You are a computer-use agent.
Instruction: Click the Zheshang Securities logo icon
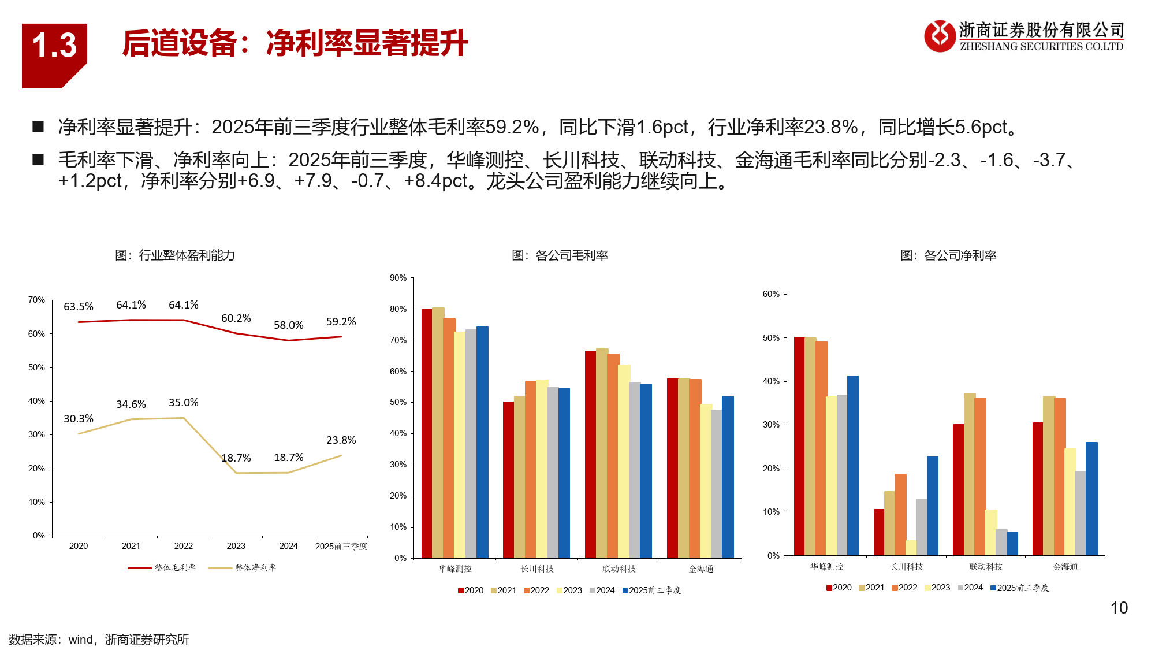[x=940, y=36]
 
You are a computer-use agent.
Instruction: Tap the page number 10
[x=1119, y=608]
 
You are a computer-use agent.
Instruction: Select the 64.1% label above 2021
[x=131, y=305]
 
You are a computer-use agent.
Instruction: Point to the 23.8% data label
[x=341, y=440]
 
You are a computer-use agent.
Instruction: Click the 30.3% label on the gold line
[x=79, y=419]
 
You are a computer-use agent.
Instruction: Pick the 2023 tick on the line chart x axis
[x=236, y=546]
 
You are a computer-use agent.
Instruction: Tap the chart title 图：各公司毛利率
[x=560, y=255]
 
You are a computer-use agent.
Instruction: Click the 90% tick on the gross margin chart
[x=398, y=278]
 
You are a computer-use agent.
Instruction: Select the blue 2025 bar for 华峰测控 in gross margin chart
[x=482, y=442]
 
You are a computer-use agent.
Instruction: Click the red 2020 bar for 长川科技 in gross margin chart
[x=508, y=480]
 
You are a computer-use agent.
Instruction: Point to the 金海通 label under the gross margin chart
[x=701, y=569]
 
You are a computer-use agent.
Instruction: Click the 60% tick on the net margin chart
[x=771, y=294]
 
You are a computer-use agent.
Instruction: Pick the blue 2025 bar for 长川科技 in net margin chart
[x=932, y=506]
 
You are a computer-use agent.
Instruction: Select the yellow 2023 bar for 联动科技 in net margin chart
[x=991, y=532]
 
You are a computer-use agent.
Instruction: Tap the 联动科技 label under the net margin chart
[x=986, y=567]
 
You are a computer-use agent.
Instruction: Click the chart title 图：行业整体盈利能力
[x=175, y=255]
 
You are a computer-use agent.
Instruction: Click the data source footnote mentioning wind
[x=99, y=640]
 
